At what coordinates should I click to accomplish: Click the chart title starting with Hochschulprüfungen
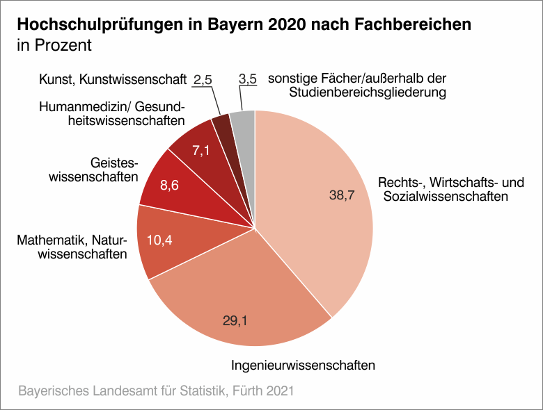(x=244, y=25)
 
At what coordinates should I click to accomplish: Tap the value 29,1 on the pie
(x=235, y=320)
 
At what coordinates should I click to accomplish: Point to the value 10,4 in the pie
(x=159, y=239)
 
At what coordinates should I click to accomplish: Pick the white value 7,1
(x=200, y=150)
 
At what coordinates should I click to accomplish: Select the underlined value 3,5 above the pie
(x=248, y=80)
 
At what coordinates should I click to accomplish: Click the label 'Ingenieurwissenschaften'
(x=304, y=365)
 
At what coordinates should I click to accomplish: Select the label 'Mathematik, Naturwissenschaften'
(x=72, y=247)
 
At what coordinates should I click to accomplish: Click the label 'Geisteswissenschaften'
(x=93, y=170)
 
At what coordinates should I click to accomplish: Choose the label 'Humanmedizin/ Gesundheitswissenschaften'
(x=111, y=114)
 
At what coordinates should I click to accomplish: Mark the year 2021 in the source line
(x=279, y=391)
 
